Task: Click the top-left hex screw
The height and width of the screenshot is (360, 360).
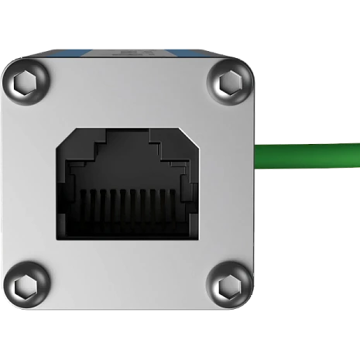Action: [x=28, y=80]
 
